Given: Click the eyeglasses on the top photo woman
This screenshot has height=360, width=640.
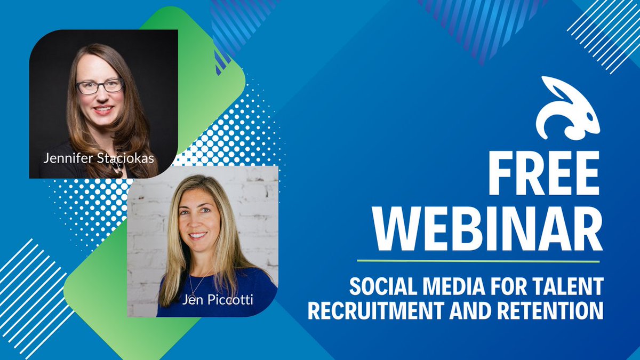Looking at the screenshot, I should click(x=100, y=86).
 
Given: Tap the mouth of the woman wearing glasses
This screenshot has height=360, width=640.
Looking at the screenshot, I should click(x=103, y=110).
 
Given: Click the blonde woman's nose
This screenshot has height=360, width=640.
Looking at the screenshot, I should click(x=198, y=223).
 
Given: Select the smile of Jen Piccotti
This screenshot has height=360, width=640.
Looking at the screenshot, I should click(x=198, y=235).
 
